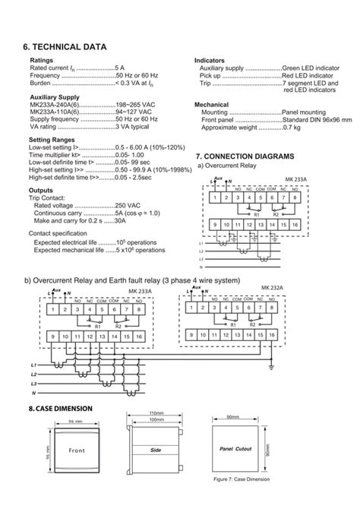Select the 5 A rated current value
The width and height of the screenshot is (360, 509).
[x=119, y=68]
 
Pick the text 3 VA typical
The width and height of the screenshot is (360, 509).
[x=132, y=127]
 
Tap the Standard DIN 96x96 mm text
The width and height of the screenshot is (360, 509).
[x=317, y=119]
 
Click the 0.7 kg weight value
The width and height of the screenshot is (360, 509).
[x=292, y=127]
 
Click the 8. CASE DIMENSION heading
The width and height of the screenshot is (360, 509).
[x=60, y=409]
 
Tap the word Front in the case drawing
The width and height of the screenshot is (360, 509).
[x=76, y=451]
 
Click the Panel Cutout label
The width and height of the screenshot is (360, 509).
[x=235, y=450]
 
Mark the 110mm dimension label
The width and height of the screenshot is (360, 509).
[x=157, y=413]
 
